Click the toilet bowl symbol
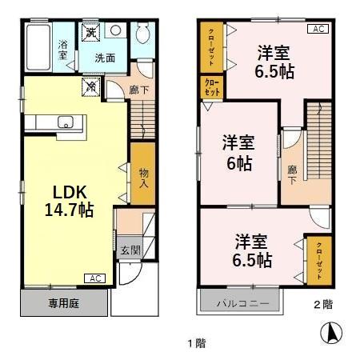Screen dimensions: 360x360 point(143,34)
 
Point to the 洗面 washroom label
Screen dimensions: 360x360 point(105,58)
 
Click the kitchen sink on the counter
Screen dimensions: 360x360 point(66,122)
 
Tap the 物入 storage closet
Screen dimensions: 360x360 point(143,178)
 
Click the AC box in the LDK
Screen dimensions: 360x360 point(94,278)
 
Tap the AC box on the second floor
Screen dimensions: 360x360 point(316,30)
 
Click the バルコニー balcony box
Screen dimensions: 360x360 point(240,304)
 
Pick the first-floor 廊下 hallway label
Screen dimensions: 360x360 point(139,90)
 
